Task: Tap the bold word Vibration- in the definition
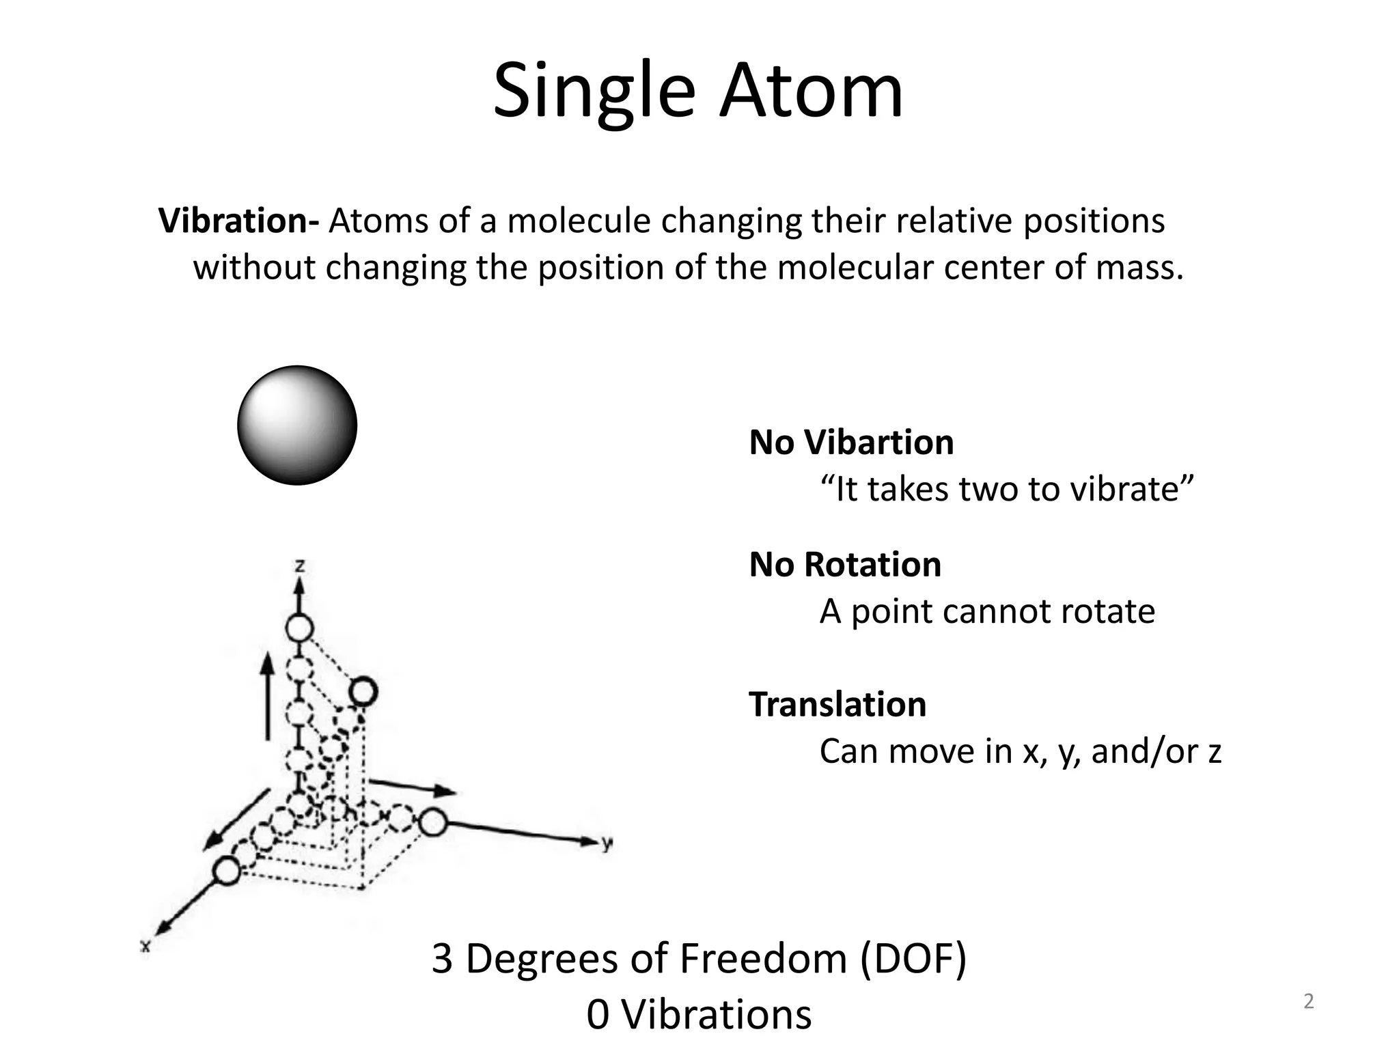[x=238, y=221]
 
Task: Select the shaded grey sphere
[x=297, y=425]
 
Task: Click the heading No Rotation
[x=845, y=565]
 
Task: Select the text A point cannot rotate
[x=987, y=611]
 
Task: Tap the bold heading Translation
[x=837, y=704]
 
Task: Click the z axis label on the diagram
[x=299, y=565]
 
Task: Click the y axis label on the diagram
[x=607, y=843]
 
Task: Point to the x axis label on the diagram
[x=145, y=946]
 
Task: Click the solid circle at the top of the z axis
[x=299, y=628]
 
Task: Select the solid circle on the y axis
[x=432, y=822]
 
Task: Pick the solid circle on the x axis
[x=227, y=871]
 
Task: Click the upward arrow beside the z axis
[x=268, y=697]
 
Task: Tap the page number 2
[x=1308, y=1001]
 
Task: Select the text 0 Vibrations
[x=699, y=1014]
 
